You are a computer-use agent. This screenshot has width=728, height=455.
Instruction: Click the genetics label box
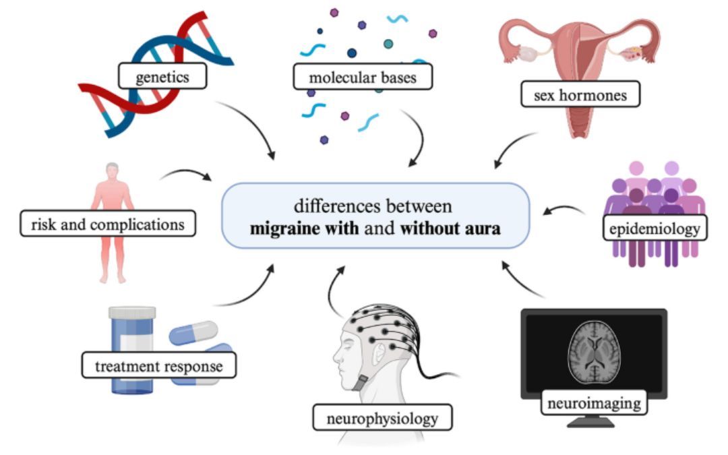[162, 77]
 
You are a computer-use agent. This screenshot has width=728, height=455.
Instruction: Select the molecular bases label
[362, 77]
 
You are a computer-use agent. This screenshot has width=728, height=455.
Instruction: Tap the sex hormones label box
[580, 95]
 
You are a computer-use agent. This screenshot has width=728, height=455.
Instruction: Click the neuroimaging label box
[594, 404]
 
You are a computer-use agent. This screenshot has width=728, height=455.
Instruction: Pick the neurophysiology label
[382, 418]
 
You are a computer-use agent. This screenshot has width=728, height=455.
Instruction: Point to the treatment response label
[159, 367]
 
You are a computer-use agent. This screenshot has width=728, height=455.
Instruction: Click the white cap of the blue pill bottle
[132, 313]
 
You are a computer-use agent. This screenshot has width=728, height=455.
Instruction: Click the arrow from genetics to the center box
[249, 128]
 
